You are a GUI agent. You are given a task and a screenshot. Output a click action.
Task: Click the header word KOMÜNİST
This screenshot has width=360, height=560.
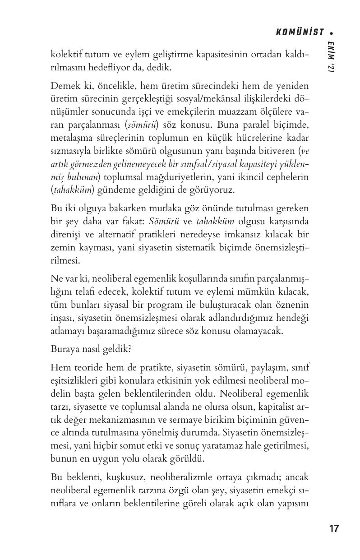click(300, 32)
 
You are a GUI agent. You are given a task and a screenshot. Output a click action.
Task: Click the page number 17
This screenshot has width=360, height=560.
click(334, 529)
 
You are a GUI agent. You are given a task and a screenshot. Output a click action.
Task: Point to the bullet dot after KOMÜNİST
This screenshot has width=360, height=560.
click(332, 32)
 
